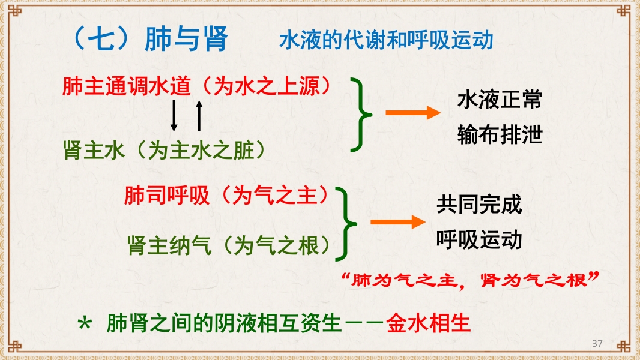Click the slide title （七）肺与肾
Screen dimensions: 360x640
tap(149, 39)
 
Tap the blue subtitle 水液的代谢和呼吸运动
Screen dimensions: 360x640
tap(385, 40)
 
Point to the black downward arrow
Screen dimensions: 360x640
tap(174, 115)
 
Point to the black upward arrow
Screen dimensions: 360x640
tap(199, 115)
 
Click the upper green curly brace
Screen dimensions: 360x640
tap(361, 114)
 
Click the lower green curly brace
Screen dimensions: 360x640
tap(345, 223)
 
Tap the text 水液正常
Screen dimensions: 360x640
tap(500, 99)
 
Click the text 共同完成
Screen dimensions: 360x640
tap(479, 205)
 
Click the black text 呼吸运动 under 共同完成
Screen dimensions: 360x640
tap(479, 239)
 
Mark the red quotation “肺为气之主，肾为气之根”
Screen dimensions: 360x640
tap(469, 280)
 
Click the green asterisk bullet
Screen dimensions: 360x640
tap(86, 324)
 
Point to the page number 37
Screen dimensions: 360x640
tap(597, 343)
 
